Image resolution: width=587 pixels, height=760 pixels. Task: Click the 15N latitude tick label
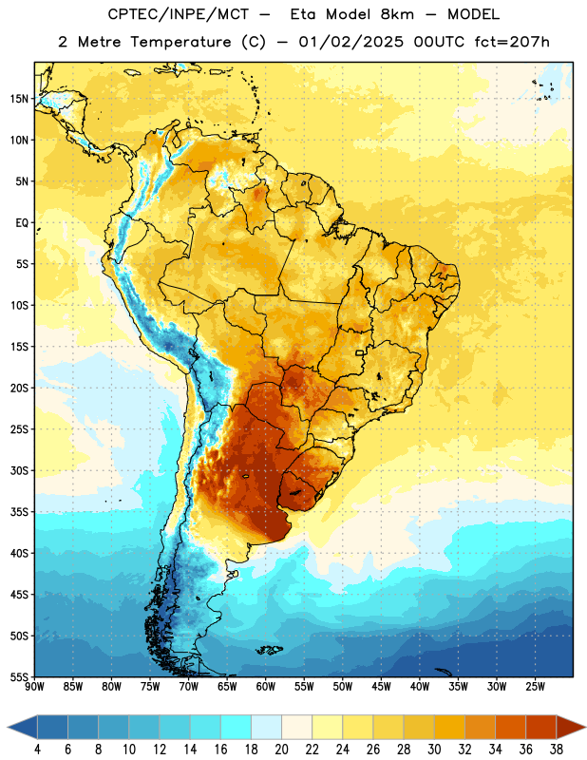[19, 99]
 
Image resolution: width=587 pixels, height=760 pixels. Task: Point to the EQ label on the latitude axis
[22, 223]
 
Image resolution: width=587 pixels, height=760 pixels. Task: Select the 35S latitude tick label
[19, 512]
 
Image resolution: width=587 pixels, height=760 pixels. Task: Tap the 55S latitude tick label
[19, 677]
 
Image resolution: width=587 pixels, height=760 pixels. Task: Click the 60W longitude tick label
[266, 687]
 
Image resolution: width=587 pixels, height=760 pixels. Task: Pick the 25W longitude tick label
[535, 687]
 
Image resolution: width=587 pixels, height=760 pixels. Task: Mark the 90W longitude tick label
[34, 687]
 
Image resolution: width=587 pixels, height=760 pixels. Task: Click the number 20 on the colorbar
[281, 750]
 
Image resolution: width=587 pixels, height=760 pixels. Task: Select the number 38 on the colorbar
[557, 750]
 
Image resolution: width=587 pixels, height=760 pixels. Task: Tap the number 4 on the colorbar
[37, 750]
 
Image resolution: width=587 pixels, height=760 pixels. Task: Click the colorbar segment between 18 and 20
[267, 727]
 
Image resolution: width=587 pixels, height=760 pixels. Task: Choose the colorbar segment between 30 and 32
[450, 727]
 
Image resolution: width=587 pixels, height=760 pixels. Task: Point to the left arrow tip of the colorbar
[8, 727]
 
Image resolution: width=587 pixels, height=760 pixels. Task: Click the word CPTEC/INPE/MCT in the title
[179, 14]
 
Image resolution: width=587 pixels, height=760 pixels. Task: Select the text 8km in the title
[397, 14]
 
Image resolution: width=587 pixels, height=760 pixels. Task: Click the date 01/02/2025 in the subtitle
[350, 42]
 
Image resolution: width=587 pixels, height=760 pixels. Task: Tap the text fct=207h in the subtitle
[512, 42]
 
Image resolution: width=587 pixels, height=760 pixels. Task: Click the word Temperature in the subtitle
[180, 42]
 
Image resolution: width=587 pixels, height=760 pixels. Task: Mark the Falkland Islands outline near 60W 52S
[269, 650]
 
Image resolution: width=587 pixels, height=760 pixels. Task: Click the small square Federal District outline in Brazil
[360, 352]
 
